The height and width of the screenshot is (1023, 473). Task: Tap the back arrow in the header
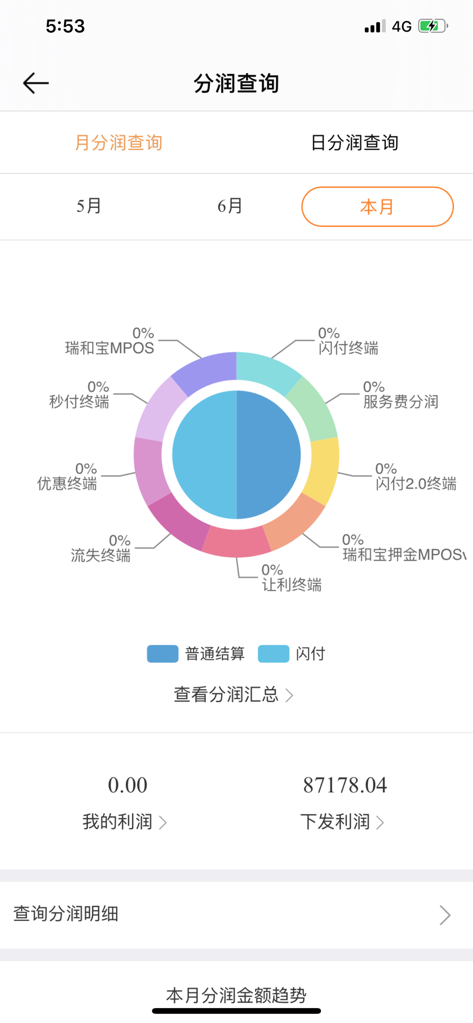(36, 83)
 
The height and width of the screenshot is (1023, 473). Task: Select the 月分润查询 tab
(118, 143)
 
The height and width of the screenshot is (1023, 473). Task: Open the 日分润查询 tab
(354, 143)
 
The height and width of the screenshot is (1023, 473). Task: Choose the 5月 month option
(89, 206)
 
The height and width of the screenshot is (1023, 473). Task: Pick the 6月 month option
(229, 206)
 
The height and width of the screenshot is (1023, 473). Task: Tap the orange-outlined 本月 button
(377, 207)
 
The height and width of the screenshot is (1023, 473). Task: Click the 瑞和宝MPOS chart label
(110, 348)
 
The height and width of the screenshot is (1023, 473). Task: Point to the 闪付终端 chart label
(348, 348)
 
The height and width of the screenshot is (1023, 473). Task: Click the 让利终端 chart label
(292, 585)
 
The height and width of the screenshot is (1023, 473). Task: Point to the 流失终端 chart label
(101, 555)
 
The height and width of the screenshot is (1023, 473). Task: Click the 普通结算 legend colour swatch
(162, 654)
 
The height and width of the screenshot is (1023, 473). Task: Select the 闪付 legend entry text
(310, 654)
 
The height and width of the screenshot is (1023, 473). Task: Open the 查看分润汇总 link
(233, 695)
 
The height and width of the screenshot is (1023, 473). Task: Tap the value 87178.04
(345, 785)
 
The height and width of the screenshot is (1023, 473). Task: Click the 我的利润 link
(124, 821)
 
